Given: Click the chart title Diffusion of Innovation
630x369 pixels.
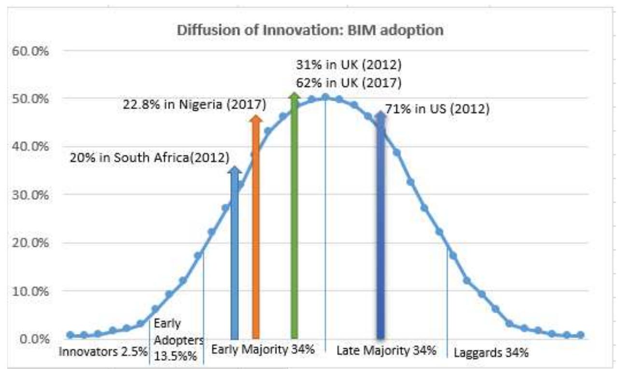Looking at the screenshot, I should coord(310,30).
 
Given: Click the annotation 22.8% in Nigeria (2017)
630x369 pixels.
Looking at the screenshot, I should coord(193,104).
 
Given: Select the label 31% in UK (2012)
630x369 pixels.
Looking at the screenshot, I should coord(349,65).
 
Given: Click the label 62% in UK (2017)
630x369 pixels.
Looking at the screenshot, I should coord(349,83).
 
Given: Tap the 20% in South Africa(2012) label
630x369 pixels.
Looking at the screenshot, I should coord(150,157).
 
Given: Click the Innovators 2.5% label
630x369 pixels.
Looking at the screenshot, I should coord(103,351).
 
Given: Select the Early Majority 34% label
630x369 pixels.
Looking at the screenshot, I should coord(263,349).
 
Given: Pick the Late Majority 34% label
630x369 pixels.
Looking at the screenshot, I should coord(386,350).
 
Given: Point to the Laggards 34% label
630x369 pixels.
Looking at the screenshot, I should coord(490,353).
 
